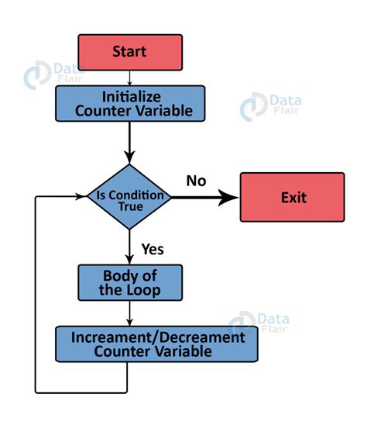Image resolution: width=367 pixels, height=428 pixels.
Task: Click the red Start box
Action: click(129, 52)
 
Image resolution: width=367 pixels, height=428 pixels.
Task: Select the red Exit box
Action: click(292, 197)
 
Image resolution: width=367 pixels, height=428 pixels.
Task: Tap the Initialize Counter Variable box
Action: click(129, 103)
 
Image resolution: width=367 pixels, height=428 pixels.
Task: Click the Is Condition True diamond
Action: click(129, 197)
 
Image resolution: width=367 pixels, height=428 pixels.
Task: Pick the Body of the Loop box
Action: click(129, 282)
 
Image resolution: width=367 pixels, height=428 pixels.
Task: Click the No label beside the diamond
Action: click(196, 181)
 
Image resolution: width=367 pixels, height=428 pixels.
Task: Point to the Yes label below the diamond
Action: click(152, 249)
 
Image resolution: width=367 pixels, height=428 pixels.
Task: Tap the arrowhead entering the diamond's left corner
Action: click(82, 197)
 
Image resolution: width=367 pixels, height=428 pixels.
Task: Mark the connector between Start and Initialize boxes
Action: click(129, 78)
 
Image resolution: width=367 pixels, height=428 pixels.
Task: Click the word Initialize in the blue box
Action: click(129, 96)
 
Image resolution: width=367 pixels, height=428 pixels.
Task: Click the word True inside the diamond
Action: click(130, 205)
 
